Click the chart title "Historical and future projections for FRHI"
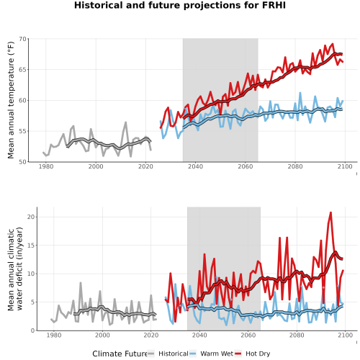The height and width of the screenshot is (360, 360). point(180,5)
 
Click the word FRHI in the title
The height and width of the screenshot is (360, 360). point(274,5)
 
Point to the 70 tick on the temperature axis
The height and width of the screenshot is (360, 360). point(22,39)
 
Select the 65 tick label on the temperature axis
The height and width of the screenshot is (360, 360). point(22,70)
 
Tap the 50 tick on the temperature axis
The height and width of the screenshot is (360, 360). point(22,162)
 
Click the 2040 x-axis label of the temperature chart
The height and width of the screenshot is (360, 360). point(195,166)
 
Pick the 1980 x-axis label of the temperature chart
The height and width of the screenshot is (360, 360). point(46,166)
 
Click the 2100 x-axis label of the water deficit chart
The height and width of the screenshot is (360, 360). point(345,335)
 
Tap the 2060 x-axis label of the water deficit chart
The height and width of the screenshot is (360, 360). point(248,335)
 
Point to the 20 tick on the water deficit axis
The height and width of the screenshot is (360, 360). point(31,217)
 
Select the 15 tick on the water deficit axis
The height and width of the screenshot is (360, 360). point(31,246)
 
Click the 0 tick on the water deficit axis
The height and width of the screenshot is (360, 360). point(33,330)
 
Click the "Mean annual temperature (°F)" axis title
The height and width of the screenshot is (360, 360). point(11,100)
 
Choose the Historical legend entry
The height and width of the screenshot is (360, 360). point(168,354)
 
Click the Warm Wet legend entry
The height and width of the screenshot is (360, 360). point(211,354)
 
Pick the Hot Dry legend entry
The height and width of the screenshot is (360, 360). point(253,354)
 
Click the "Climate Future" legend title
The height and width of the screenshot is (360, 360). point(120,354)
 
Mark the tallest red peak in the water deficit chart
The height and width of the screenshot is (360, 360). point(330,212)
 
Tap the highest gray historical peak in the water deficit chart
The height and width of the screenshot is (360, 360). point(81,283)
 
